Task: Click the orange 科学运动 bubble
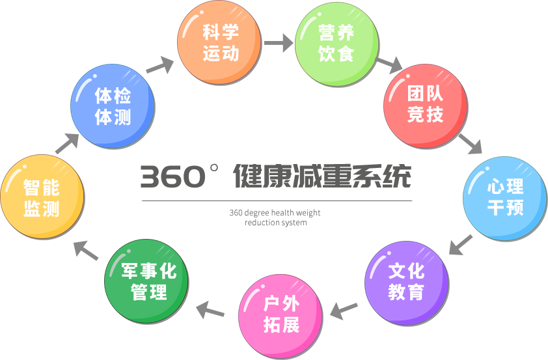coord(219,43)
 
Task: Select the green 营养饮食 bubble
coord(336,44)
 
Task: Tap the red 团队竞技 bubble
coord(425,105)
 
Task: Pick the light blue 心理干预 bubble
coord(504,198)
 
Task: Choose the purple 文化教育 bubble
coord(406,283)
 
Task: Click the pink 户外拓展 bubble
coord(281,316)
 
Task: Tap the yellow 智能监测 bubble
coord(42,197)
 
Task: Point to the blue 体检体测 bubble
coord(113,106)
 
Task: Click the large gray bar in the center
coord(275,175)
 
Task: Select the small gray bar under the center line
coord(275,217)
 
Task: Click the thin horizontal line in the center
coord(282,201)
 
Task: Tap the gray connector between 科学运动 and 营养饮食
coord(279,42)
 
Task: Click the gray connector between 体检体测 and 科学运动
coord(159,65)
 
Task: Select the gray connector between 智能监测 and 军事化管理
coord(86,251)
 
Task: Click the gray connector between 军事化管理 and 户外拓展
coord(210,310)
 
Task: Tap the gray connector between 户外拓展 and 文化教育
coord(344,311)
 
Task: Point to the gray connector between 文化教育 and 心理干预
coord(461,244)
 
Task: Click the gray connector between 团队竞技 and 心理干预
coord(470,143)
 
